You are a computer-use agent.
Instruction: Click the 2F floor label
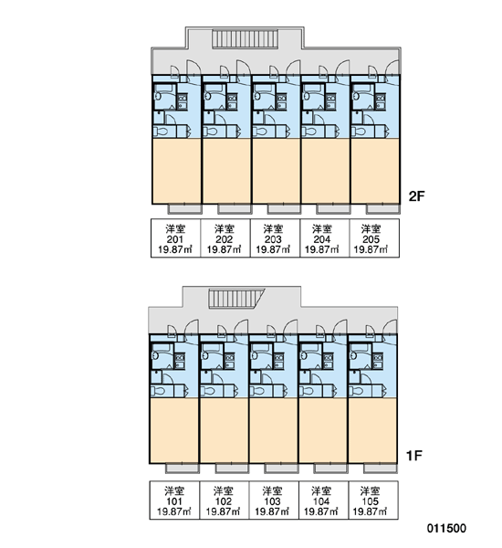pyautogui.click(x=417, y=196)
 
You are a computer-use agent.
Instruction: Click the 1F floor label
pyautogui.click(x=414, y=456)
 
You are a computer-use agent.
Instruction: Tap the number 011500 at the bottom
pyautogui.click(x=446, y=528)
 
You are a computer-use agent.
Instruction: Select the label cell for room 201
pyautogui.click(x=175, y=238)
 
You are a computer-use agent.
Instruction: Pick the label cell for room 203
pyautogui.click(x=275, y=238)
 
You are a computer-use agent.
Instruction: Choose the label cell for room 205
pyautogui.click(x=374, y=238)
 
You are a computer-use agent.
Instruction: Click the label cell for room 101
pyautogui.click(x=174, y=501)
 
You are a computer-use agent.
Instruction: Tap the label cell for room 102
pyautogui.click(x=224, y=501)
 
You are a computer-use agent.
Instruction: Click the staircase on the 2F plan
pyautogui.click(x=245, y=38)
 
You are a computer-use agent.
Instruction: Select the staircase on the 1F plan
pyautogui.click(x=236, y=298)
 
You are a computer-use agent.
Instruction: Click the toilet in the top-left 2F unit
pyautogui.click(x=161, y=132)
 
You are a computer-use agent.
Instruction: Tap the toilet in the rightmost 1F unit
pyautogui.click(x=356, y=391)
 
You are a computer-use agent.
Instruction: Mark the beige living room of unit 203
pyautogui.click(x=276, y=171)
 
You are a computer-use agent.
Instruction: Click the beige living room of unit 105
pyautogui.click(x=372, y=430)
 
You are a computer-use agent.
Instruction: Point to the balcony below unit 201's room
pyautogui.click(x=185, y=209)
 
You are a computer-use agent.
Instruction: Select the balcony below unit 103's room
pyautogui.click(x=281, y=469)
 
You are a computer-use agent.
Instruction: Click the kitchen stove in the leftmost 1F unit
pyautogui.click(x=180, y=362)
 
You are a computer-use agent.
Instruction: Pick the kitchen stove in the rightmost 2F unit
pyautogui.click(x=381, y=101)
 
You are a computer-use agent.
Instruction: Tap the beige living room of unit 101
pyautogui.click(x=174, y=430)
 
